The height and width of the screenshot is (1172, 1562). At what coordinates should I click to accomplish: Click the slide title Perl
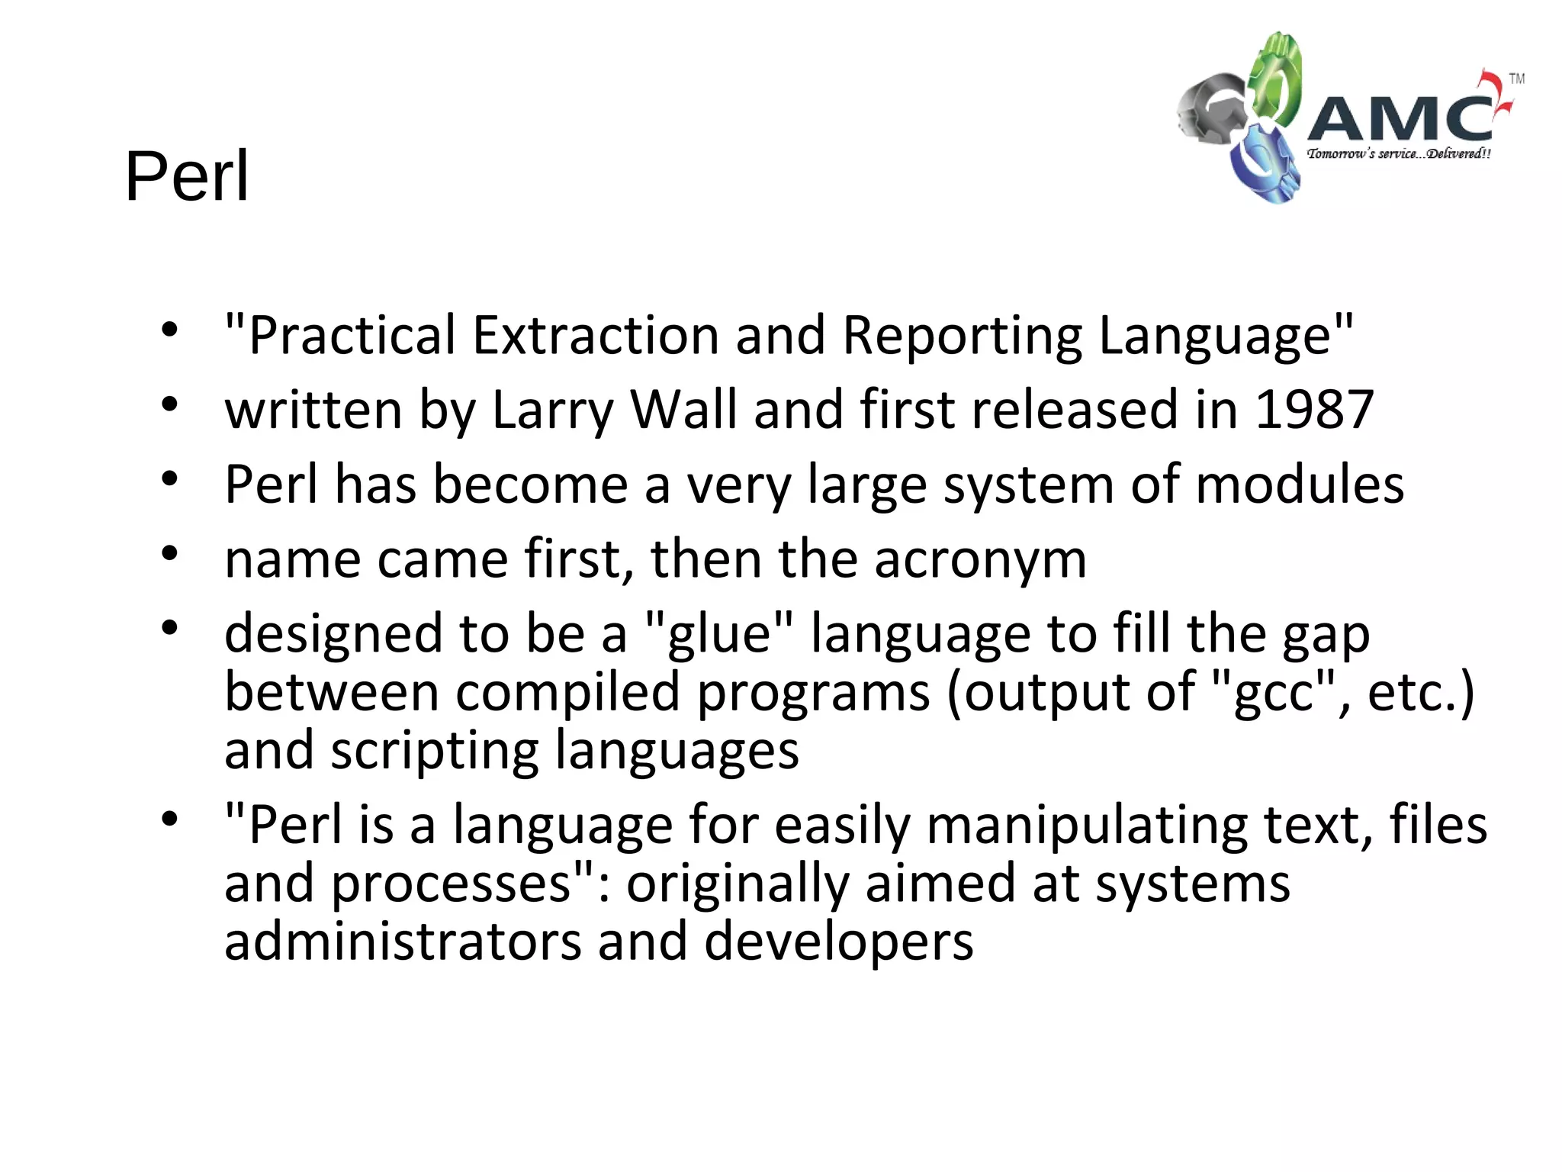click(187, 176)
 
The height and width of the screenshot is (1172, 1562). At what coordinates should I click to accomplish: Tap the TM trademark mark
click(1517, 79)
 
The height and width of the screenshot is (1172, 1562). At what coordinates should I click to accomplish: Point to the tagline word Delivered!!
click(1458, 153)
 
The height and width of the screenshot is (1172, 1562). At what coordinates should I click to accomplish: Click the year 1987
click(1314, 410)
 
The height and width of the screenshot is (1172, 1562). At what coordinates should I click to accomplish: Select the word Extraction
click(596, 335)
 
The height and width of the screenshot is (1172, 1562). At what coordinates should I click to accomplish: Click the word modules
click(1300, 485)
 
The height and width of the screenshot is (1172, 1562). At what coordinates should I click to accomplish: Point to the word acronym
click(980, 559)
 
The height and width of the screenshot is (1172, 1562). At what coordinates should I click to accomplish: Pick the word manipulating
click(1087, 826)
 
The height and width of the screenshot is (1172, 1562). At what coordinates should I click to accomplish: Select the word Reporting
click(963, 336)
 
